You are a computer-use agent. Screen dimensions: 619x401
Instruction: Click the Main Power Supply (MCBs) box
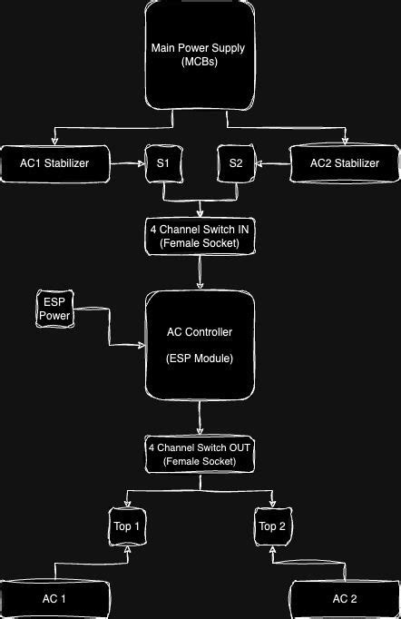coord(200,54)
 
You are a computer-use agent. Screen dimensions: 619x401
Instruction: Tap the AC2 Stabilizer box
coord(345,162)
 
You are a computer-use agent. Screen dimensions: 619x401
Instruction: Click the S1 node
coord(162,163)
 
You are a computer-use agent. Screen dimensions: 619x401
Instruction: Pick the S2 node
coord(236,163)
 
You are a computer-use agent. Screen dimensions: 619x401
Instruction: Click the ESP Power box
coord(54,309)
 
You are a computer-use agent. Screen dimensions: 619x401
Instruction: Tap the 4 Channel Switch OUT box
coord(200,455)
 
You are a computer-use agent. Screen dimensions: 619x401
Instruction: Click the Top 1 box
coord(126,526)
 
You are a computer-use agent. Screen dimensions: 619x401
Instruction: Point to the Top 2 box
coord(273,526)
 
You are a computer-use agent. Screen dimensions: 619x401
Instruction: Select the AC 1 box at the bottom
coord(54,599)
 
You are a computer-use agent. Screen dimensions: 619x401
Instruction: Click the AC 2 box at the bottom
coord(345,599)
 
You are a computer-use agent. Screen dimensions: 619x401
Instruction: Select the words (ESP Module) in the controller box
coord(200,359)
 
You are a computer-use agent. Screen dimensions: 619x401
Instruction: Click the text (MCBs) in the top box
coord(200,62)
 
